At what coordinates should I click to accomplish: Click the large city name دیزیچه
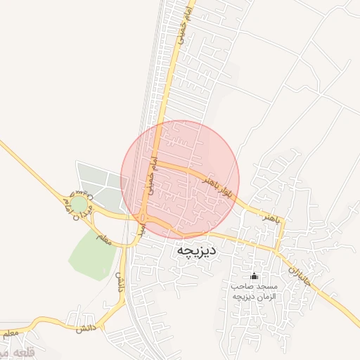(x=196, y=250)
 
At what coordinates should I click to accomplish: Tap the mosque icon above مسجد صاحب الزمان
(x=254, y=276)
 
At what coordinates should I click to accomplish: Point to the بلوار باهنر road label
(x=217, y=186)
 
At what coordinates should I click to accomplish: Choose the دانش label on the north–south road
(x=120, y=282)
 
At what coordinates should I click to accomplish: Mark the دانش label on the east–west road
(x=83, y=328)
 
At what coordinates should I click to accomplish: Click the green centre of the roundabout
(x=79, y=204)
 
